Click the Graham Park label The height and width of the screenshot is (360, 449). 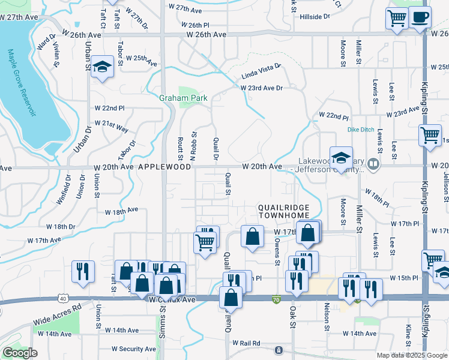[x=182, y=98]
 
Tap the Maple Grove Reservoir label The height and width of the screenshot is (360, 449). [x=20, y=84]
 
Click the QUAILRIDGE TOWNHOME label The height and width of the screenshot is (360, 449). [x=283, y=211]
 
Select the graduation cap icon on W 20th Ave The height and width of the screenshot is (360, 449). [x=341, y=158]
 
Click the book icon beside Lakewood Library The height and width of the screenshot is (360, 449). [x=373, y=163]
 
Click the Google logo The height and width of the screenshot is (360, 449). [x=20, y=353]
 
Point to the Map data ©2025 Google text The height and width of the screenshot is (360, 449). [x=412, y=355]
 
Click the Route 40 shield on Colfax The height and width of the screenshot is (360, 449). [x=63, y=298]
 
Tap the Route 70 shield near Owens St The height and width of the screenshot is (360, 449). [x=276, y=298]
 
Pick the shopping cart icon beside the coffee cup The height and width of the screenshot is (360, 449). [x=397, y=19]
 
